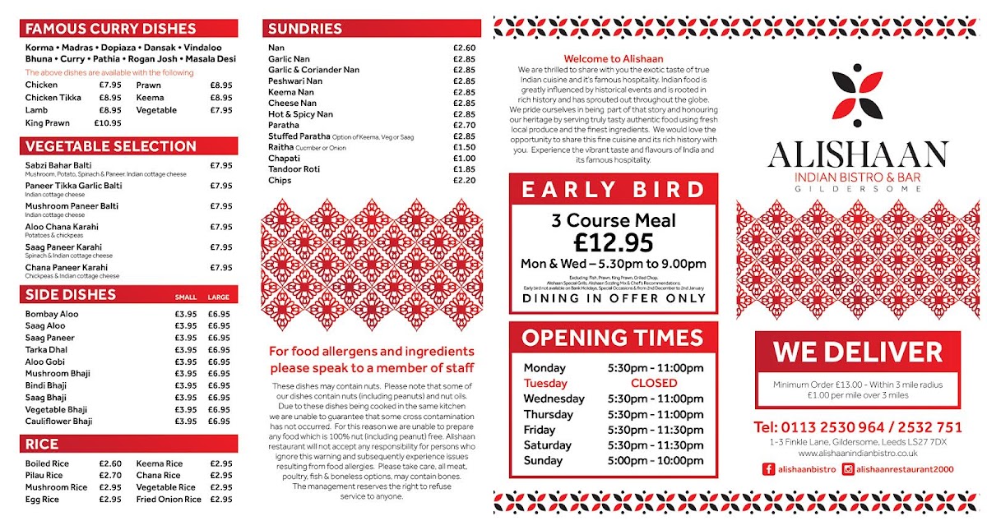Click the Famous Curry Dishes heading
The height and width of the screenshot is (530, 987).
[x=111, y=29]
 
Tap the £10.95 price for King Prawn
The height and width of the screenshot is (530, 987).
[x=108, y=123]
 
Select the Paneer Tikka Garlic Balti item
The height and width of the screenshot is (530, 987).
[x=73, y=186]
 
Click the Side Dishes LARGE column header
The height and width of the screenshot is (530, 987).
[x=219, y=297]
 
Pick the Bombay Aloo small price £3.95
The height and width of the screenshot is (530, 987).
[x=186, y=314]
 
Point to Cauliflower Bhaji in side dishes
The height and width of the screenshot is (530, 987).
[x=58, y=422]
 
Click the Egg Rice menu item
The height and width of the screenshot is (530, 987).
[x=42, y=500]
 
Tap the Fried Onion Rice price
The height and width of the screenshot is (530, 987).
[x=221, y=500]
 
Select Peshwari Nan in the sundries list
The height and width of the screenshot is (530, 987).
[x=295, y=81]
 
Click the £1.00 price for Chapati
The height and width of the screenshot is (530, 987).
[x=464, y=159]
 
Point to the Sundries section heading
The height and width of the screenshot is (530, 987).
[x=305, y=29]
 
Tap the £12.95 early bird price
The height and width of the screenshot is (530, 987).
[x=614, y=242]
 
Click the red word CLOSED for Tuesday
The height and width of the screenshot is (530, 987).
[x=654, y=383]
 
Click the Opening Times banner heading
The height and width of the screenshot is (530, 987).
[x=613, y=338]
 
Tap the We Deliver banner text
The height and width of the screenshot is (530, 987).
[x=857, y=353]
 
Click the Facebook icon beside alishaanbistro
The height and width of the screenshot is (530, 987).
[x=769, y=469]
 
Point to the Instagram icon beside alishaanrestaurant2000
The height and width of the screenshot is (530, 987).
[x=847, y=469]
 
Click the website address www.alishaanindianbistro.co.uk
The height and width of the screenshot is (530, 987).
[x=857, y=454]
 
